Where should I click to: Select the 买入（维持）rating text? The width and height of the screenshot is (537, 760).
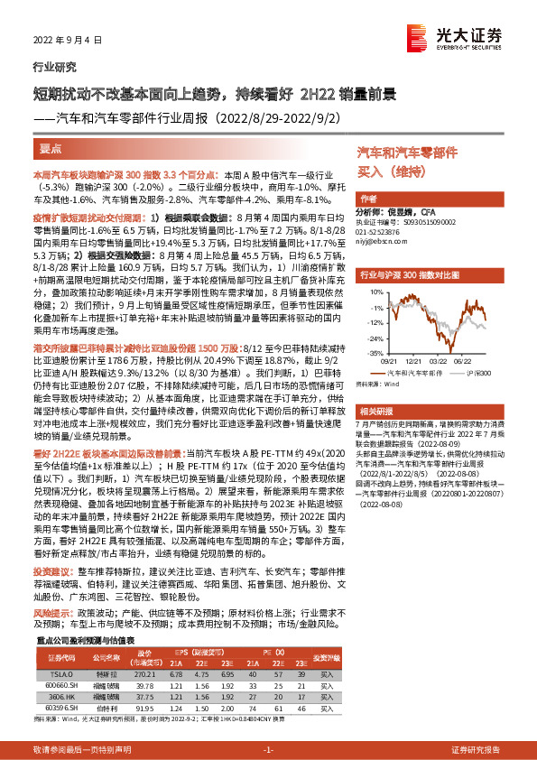(x=389, y=170)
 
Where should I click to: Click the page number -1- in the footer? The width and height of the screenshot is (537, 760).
(x=268, y=750)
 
